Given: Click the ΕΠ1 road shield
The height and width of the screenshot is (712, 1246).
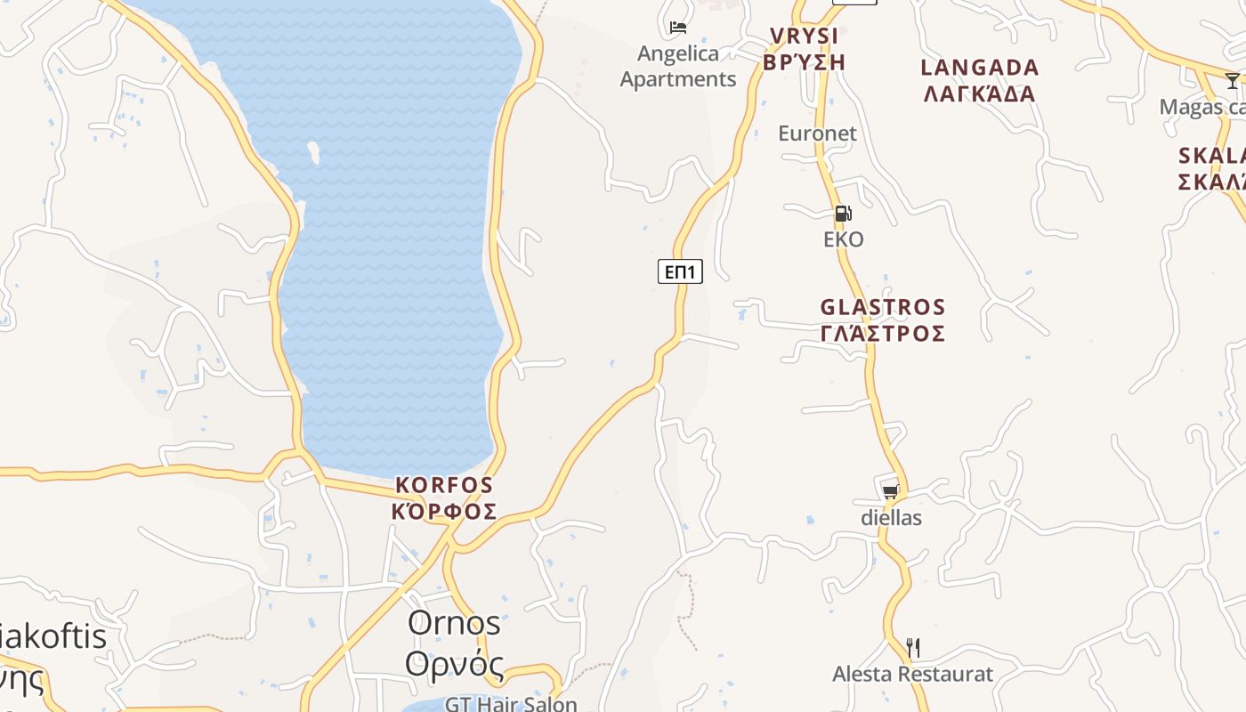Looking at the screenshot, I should coord(680,271).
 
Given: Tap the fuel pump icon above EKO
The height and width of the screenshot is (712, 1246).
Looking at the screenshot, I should coord(843,214).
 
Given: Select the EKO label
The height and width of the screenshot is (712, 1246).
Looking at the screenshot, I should coord(843,239).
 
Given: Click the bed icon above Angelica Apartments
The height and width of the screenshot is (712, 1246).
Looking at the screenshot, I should coord(678,28).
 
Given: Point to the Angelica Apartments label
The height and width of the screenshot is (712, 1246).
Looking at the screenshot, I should coord(678,67).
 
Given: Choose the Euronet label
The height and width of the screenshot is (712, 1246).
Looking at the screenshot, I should coord(817,133).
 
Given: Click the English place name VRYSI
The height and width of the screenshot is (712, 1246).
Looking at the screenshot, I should coord(804,36).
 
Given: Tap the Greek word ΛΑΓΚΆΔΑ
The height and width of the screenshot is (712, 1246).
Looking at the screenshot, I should coord(979,93).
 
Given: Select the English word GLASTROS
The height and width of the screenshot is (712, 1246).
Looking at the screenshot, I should coord(882,308).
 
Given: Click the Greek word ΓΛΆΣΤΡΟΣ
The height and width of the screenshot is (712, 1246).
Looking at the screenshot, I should coord(882,334).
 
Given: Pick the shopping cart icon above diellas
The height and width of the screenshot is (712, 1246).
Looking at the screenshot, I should coord(890,491).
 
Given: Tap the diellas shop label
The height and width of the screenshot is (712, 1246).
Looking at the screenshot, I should coord(891,517).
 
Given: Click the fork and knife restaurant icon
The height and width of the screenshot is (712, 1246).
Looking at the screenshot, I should coord(912,647).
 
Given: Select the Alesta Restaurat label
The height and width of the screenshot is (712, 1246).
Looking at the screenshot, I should coord(912,674).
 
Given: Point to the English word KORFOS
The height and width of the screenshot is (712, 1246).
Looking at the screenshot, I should coord(443,485).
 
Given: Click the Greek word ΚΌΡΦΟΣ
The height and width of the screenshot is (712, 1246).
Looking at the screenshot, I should coord(443,512).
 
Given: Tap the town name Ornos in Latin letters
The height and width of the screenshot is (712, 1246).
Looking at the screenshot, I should coord(454,623).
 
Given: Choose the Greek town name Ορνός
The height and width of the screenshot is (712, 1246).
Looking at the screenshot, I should coord(454,664).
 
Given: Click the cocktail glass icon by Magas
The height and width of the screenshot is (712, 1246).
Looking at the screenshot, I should coord(1232,81).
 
